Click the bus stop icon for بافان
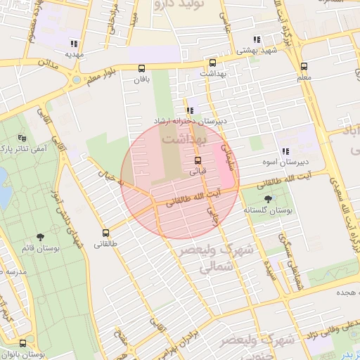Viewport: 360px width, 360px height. pyautogui.click(x=142, y=68)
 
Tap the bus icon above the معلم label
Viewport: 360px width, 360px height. pyautogui.click(x=304, y=66)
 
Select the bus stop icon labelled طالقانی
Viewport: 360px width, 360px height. pyautogui.click(x=106, y=233)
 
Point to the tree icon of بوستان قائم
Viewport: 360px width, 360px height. pyautogui.click(x=39, y=238)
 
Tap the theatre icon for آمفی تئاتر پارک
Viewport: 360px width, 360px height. pyautogui.click(x=22, y=138)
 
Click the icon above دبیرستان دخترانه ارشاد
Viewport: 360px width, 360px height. pyautogui.click(x=191, y=110)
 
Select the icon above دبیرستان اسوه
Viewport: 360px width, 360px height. pyautogui.click(x=285, y=151)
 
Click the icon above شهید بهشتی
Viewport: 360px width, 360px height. pyautogui.click(x=258, y=40)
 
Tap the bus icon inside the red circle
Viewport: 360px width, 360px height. pyautogui.click(x=197, y=160)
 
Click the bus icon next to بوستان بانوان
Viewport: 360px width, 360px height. pyautogui.click(x=23, y=343)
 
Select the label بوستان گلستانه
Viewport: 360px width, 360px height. pyautogui.click(x=267, y=211)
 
